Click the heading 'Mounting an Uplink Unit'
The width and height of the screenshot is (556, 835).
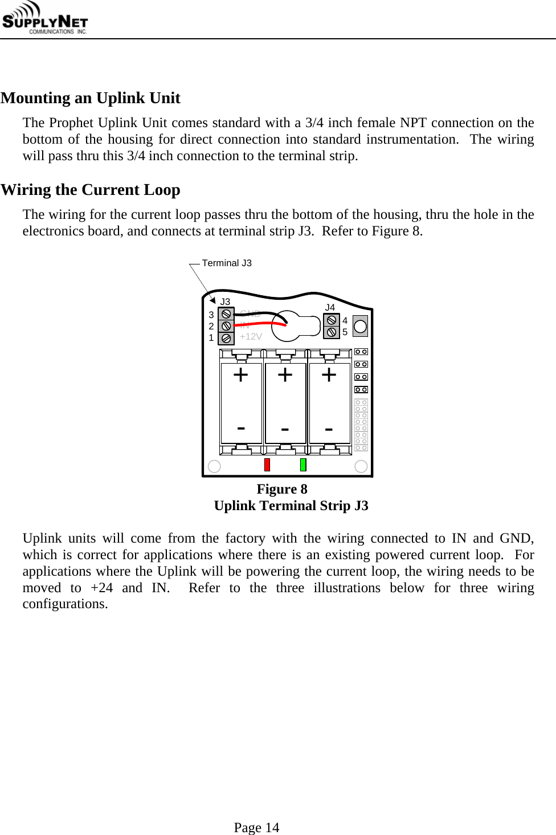pos(91,98)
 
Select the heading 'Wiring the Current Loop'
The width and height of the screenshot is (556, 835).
pos(91,190)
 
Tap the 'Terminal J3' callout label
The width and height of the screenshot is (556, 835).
pos(226,263)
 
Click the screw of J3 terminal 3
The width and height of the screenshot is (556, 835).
pos(226,314)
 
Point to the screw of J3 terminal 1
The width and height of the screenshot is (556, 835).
pos(226,338)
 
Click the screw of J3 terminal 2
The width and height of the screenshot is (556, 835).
pos(226,326)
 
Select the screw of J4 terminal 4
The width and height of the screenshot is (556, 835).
pos(332,320)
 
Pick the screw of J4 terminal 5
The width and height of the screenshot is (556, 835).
pos(332,332)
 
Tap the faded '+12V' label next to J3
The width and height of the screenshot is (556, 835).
pos(251,337)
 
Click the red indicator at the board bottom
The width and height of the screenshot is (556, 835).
pos(267,465)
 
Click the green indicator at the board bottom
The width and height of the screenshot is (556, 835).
pos(303,465)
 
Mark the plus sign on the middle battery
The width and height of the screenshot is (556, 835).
pos(285,375)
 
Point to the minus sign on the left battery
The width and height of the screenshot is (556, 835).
pos(241,427)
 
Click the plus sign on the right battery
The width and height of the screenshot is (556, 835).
pos(329,375)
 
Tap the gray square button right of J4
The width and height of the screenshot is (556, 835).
pos(360,327)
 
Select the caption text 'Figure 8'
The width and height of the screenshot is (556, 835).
pos(282,489)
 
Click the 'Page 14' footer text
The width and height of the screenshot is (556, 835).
pos(256,828)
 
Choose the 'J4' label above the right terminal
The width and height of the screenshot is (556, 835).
pos(330,307)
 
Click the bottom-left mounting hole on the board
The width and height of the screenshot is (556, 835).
pos(214,466)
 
